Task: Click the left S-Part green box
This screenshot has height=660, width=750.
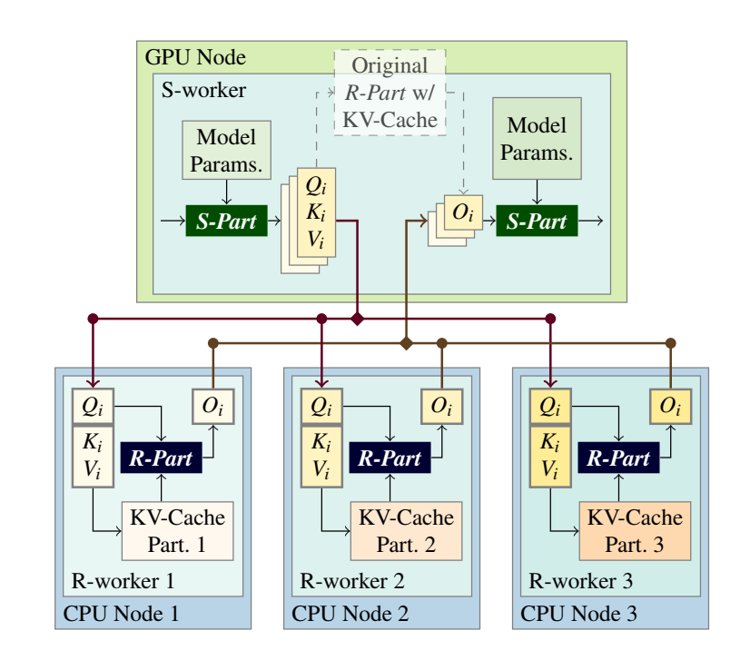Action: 226,221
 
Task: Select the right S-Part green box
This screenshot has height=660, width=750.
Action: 537,221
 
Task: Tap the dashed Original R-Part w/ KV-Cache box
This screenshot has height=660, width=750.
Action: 390,93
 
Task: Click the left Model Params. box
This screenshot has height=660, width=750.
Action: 226,150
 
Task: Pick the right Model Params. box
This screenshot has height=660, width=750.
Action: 537,139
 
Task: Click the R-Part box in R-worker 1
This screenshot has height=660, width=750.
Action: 162,458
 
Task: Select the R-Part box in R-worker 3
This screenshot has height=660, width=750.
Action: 618,458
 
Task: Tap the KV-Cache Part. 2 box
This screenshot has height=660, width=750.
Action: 406,531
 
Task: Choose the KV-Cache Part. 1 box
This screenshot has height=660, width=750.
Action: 177,531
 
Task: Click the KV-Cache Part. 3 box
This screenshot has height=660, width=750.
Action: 635,531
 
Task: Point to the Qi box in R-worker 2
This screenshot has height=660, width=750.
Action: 321,406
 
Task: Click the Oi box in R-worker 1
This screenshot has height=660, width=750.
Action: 212,406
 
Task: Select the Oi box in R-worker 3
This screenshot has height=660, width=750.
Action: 670,406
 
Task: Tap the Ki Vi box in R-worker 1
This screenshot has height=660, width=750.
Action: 93,457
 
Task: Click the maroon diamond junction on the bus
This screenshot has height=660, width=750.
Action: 357,319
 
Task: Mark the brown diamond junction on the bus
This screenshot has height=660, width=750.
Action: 406,343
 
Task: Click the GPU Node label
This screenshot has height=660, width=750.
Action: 195,57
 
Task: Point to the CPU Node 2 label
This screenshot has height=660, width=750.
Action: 350,614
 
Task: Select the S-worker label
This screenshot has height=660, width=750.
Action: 203,90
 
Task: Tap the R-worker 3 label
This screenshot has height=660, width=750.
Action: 581,581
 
